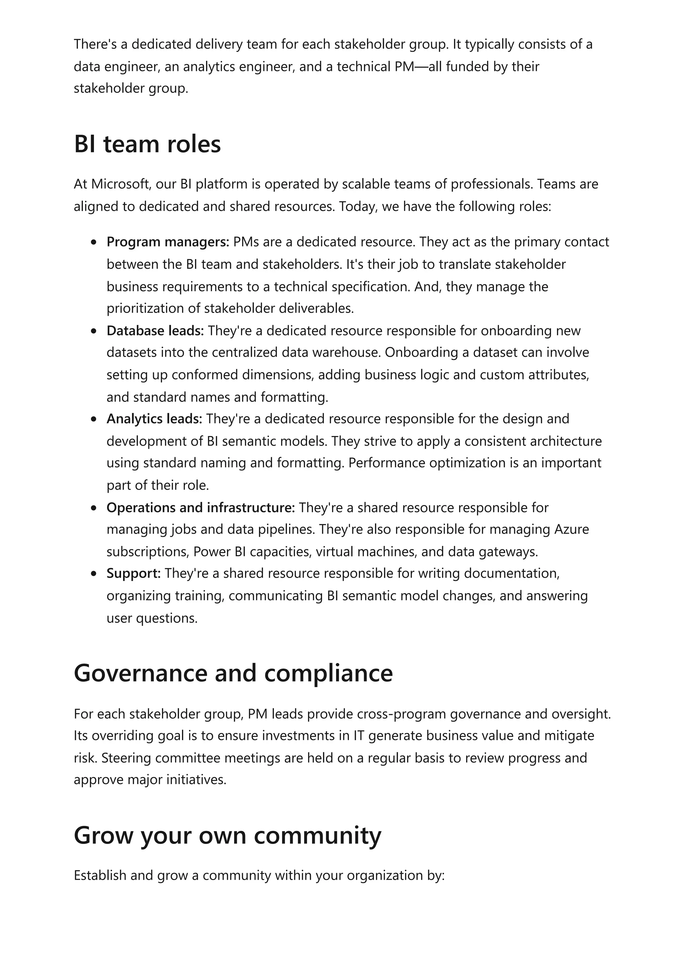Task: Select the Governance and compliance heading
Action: pyautogui.click(x=233, y=673)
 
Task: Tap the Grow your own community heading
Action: pyautogui.click(x=227, y=835)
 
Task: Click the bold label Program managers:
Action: pyautogui.click(x=168, y=242)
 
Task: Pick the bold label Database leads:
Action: pyautogui.click(x=155, y=330)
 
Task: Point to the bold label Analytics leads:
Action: pyautogui.click(x=154, y=419)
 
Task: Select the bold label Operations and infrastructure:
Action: pyautogui.click(x=200, y=507)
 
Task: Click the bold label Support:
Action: pyautogui.click(x=133, y=573)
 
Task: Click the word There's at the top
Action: pyautogui.click(x=95, y=44)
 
